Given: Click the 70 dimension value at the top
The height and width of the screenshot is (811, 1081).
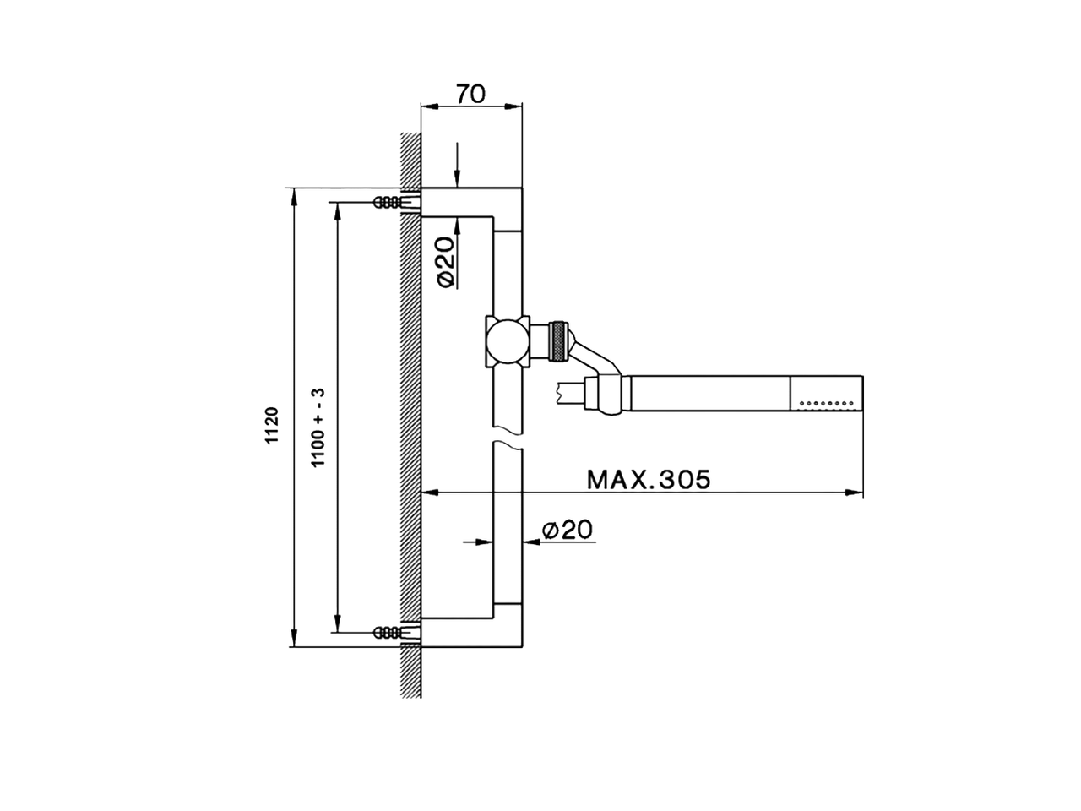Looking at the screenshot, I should coord(470,93).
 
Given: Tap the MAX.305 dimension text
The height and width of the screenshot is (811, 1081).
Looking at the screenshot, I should coord(649,479).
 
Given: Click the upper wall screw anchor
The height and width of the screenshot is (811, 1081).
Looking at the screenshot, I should coord(388,202).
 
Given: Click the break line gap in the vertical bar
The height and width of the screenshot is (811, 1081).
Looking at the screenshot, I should coord(508,445).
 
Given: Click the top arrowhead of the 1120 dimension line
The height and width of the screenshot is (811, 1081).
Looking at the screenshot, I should coord(294,196).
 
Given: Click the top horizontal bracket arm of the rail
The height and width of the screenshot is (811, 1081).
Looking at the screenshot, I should coord(471,201).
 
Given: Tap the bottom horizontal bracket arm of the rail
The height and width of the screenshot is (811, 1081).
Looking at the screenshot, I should coord(471,632).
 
